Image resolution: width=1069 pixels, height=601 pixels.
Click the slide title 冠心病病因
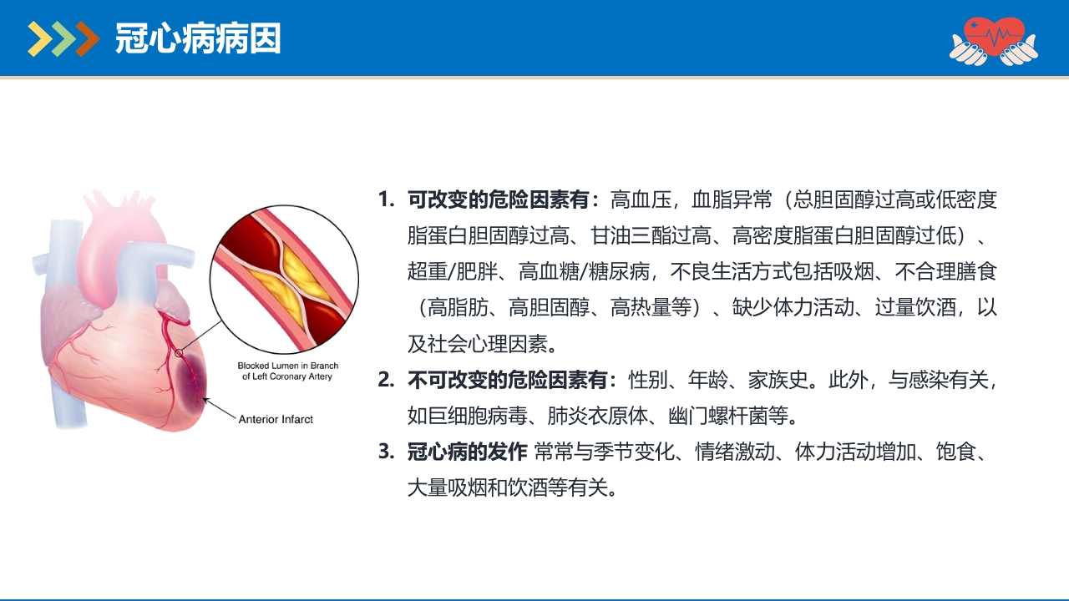coord(198,38)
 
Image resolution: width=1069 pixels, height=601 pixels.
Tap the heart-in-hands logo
coord(993,39)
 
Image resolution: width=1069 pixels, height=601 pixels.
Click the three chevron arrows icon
coord(63,38)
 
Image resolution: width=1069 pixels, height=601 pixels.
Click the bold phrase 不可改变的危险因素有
coord(513,381)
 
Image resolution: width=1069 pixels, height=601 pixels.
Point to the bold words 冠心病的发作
coord(467,452)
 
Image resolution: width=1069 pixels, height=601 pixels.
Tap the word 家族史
coord(778,381)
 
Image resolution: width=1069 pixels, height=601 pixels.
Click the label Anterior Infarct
coord(276,419)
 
